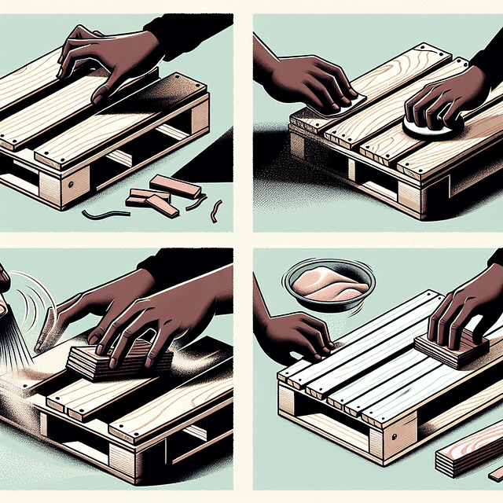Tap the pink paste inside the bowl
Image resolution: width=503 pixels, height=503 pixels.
pyautogui.click(x=326, y=282)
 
